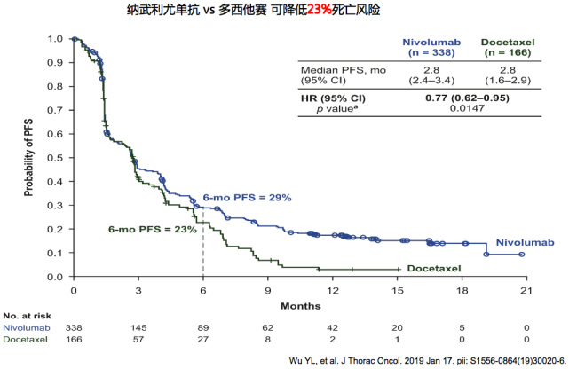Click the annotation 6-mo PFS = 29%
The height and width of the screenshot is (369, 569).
point(248,197)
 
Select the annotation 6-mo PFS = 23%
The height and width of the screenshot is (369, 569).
point(152,229)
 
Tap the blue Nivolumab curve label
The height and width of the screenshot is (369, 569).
point(525,242)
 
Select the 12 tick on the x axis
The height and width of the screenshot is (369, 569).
point(332,290)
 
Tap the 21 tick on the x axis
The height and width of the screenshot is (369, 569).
point(526,290)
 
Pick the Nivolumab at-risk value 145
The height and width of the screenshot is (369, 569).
point(138,327)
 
